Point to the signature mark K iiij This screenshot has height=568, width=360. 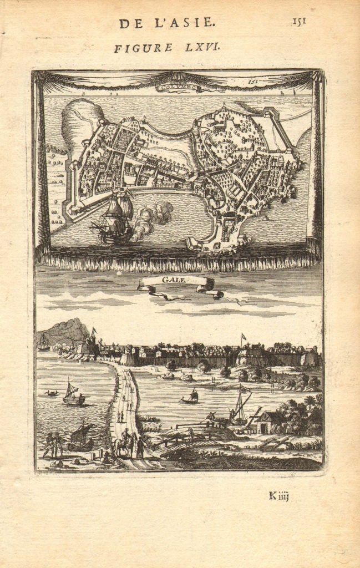279,496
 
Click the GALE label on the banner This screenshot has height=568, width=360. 174,281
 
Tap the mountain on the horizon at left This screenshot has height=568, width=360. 64,332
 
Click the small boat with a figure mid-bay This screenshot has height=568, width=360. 191,397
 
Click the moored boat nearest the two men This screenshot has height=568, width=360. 81,438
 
